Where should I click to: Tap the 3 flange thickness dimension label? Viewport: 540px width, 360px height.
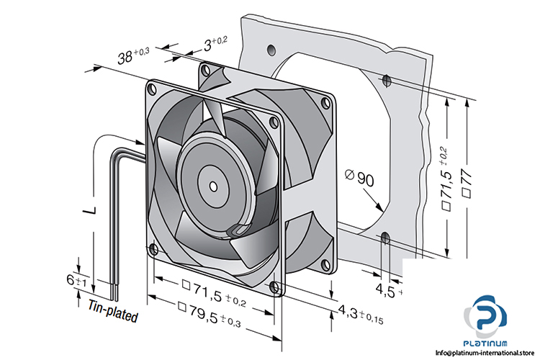coord(214,43)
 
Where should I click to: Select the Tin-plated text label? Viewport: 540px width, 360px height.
coord(114,310)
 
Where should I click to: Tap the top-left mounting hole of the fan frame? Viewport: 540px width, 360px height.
coord(151,89)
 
